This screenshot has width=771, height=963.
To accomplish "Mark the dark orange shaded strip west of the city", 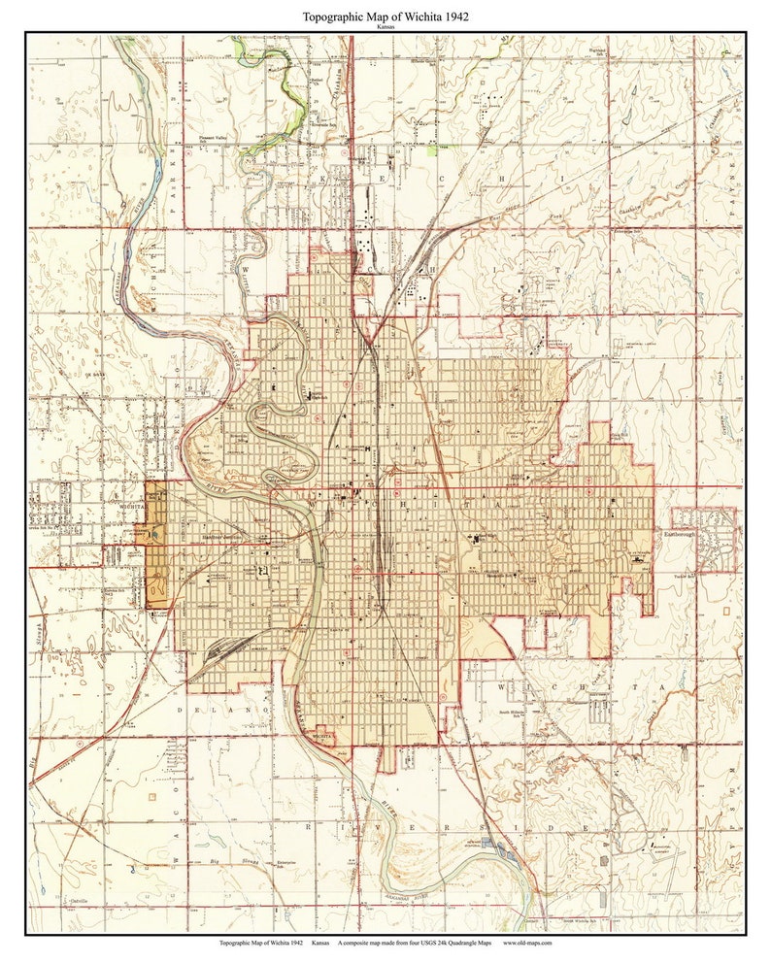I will [156, 544].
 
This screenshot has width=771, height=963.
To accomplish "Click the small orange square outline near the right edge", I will [728, 614].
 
